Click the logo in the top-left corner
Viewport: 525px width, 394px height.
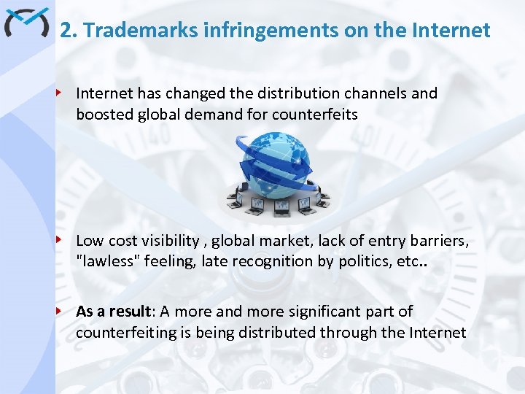click(26, 23)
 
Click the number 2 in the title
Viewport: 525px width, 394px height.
click(66, 31)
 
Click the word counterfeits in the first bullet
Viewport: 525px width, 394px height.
click(315, 114)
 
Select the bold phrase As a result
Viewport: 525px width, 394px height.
click(114, 312)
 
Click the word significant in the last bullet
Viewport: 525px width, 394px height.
click(310, 312)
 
